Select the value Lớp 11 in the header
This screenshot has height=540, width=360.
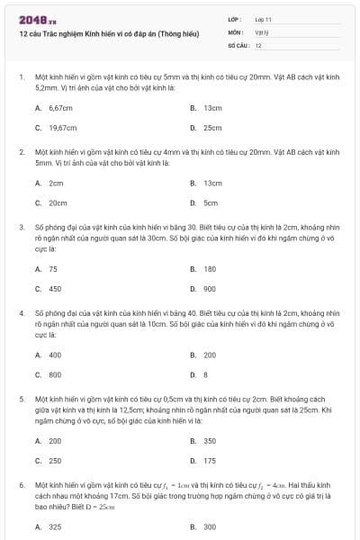[264, 19]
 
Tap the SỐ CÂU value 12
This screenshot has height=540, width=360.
[258, 45]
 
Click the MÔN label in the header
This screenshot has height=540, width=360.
[236, 31]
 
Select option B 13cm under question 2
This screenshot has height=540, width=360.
[212, 183]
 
